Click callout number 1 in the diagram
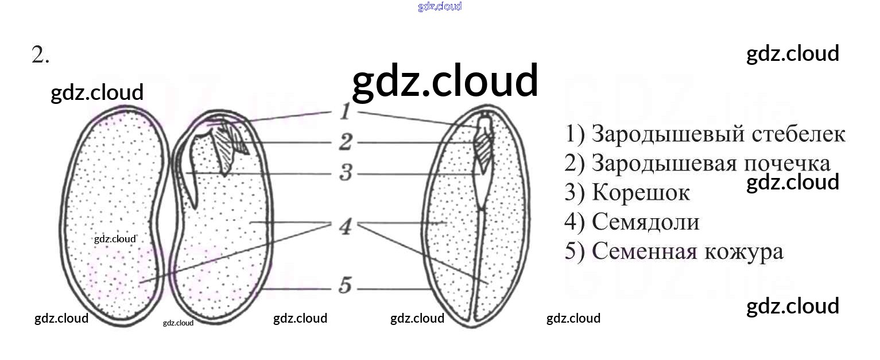click(x=344, y=111)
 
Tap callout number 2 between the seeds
click(x=345, y=142)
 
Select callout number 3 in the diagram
click(x=345, y=172)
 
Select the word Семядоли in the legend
click(x=646, y=222)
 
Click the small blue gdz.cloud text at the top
click(x=440, y=7)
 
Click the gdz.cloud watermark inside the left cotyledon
click(x=115, y=239)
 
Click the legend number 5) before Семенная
click(x=574, y=252)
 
